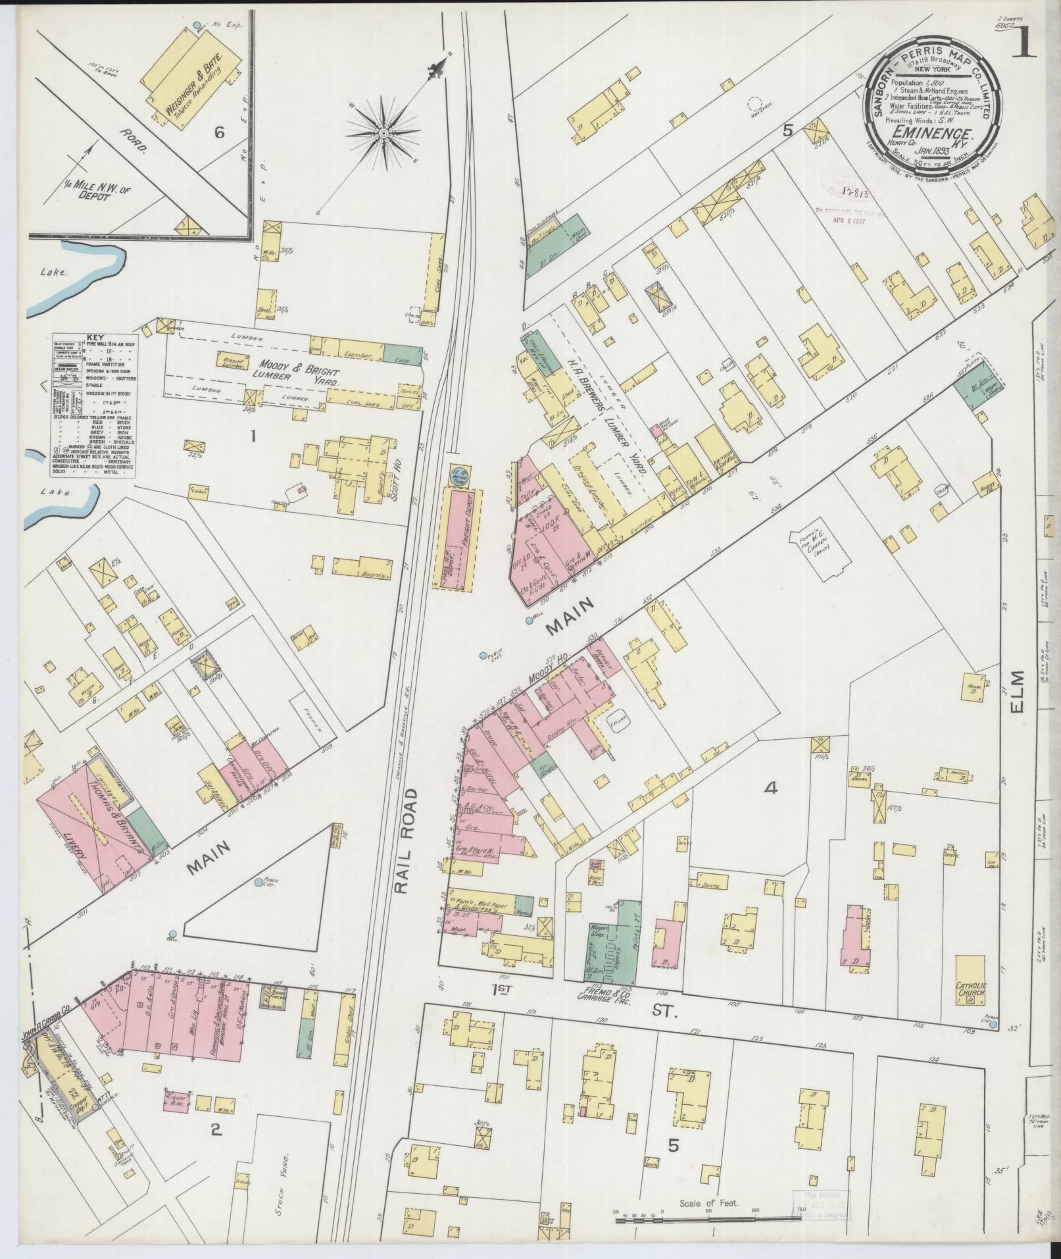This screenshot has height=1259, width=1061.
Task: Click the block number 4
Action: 770,787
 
